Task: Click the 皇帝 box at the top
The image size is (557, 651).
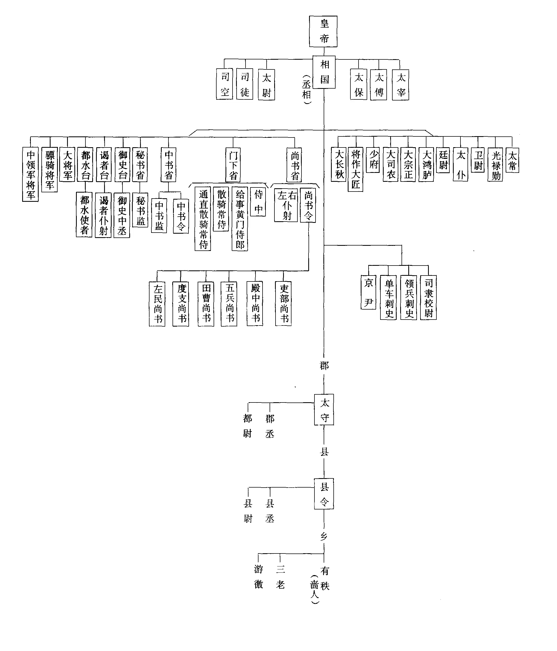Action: point(323,31)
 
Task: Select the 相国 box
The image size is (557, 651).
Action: point(324,72)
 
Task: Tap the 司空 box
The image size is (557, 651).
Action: point(225,84)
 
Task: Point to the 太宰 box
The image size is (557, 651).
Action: point(400,85)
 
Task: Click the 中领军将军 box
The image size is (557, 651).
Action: point(31,175)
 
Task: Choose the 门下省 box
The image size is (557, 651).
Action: point(233,165)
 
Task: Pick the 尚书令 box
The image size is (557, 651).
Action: point(308,205)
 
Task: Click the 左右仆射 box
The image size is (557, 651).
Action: point(286,205)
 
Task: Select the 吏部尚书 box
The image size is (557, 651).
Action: point(283,304)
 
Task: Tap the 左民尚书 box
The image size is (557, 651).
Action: point(157,304)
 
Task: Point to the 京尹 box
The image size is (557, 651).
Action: point(368,292)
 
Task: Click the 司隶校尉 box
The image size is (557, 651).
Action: point(428,297)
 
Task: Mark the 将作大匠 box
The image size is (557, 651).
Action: point(355,169)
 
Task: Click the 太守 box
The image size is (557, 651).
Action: point(324,410)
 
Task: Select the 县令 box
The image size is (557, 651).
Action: point(324,494)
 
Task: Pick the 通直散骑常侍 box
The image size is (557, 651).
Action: point(203,219)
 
